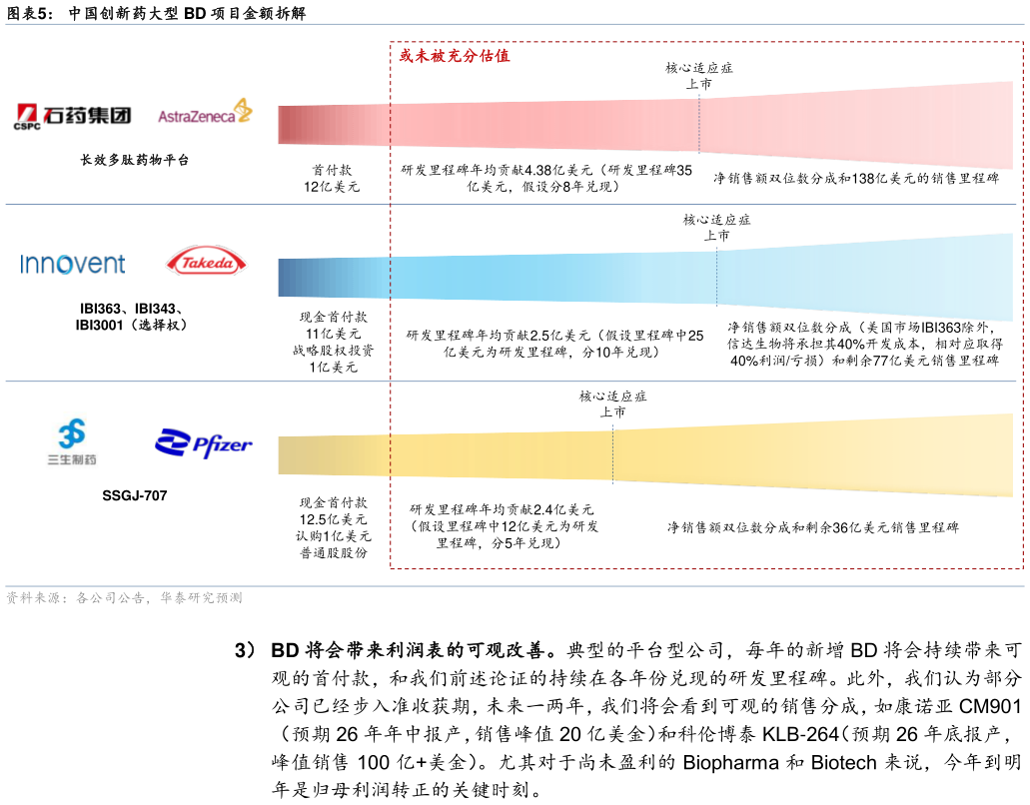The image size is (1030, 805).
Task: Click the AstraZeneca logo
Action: pyautogui.click(x=206, y=111)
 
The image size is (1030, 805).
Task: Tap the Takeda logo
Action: pyautogui.click(x=206, y=262)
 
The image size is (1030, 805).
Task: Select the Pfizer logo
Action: pyautogui.click(x=204, y=443)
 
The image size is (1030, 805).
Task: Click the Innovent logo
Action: pyautogui.click(x=73, y=264)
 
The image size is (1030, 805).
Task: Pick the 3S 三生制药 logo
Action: pyautogui.click(x=72, y=442)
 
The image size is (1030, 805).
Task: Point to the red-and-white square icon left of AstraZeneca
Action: pyautogui.click(x=27, y=113)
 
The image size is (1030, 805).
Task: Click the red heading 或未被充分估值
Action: pyautogui.click(x=455, y=56)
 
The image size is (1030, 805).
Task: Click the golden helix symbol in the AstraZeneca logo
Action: pyautogui.click(x=242, y=110)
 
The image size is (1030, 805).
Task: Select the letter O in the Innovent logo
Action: pyautogui.click(x=64, y=265)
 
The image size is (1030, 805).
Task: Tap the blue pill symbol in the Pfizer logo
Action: pyautogui.click(x=172, y=443)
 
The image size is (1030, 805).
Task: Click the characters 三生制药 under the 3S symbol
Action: pyautogui.click(x=72, y=461)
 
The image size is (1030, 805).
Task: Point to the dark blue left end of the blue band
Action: pyautogui.click(x=288, y=278)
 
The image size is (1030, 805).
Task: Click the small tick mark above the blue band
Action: pyautogui.click(x=723, y=238)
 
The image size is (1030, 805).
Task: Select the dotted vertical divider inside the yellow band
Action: pyautogui.click(x=612, y=455)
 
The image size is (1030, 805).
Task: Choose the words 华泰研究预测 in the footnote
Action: pyautogui.click(x=201, y=598)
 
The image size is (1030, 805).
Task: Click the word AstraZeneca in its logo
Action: pyautogui.click(x=196, y=116)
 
